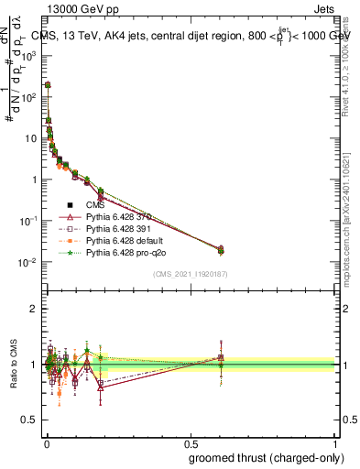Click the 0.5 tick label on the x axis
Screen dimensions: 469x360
coord(190,442)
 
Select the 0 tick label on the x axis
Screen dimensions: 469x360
coord(46,442)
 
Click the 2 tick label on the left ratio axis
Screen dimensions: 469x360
coord(35,309)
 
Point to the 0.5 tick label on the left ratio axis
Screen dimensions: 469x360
coord(29,420)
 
